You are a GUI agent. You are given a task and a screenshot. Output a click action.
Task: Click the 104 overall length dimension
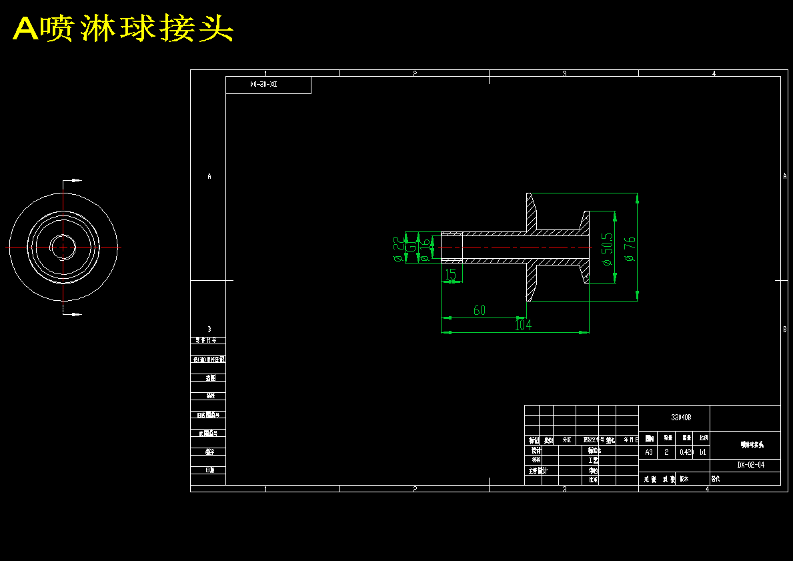524,326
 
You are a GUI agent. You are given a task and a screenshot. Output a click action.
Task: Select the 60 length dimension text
480,310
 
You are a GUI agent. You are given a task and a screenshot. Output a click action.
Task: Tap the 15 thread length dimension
451,274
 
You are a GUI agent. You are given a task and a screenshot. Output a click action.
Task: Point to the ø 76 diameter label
630,247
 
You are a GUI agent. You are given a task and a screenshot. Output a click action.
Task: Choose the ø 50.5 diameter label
607,249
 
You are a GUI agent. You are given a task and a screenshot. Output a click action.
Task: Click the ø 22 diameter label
397,248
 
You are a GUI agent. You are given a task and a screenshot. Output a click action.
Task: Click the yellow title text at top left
123,29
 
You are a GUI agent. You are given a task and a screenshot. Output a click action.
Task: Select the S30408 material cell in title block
681,418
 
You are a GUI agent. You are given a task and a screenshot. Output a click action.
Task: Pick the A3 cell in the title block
649,452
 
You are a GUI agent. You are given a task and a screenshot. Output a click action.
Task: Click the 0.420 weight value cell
686,452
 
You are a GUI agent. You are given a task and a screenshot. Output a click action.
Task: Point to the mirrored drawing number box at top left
268,85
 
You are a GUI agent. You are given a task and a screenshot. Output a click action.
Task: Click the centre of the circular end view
63,247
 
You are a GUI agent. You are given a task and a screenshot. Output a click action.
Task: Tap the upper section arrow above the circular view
75,180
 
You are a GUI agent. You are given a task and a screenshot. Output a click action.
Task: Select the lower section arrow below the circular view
75,314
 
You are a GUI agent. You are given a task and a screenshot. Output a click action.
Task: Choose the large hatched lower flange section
533,282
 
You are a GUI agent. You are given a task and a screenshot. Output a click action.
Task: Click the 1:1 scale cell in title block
703,452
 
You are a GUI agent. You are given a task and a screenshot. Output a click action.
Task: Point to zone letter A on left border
209,176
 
